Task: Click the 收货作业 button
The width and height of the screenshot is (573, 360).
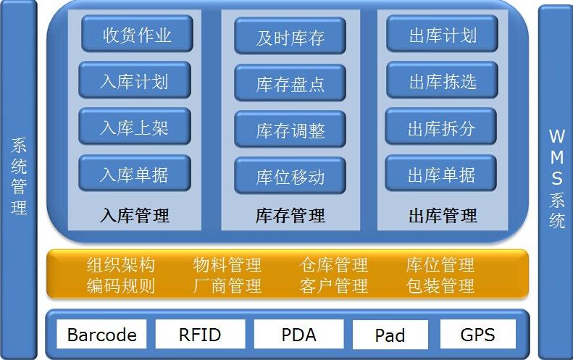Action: (137, 34)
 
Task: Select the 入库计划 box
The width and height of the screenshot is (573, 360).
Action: (134, 80)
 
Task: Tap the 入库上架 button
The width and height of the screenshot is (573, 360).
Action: (134, 127)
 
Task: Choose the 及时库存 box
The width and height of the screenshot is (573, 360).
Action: (290, 37)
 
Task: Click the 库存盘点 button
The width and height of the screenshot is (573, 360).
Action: (290, 83)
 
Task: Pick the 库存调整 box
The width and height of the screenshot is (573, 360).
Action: (290, 130)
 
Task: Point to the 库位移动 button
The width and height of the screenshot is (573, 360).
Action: (290, 176)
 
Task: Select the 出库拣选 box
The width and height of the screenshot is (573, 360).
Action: (442, 80)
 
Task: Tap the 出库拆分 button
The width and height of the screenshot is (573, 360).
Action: (440, 127)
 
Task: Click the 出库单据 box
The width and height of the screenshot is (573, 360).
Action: (440, 174)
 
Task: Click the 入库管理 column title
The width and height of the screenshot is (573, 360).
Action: (135, 215)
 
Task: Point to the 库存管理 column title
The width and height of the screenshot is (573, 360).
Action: (290, 215)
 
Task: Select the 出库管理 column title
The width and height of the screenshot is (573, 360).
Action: (443, 215)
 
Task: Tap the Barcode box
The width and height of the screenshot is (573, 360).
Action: (101, 335)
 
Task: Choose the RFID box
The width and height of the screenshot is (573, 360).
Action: (199, 335)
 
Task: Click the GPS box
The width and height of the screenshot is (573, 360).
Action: (477, 335)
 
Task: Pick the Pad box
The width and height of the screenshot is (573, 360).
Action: (390, 335)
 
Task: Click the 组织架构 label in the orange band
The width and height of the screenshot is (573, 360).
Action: (120, 265)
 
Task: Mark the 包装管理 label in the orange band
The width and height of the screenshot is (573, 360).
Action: (440, 285)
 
